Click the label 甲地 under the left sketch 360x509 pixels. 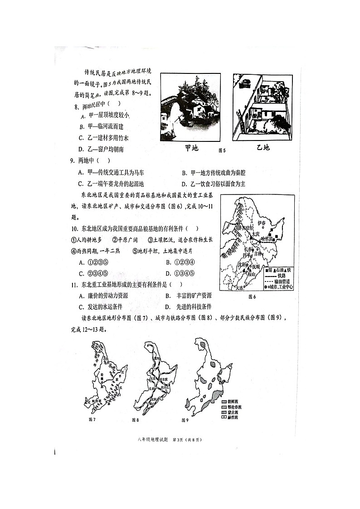click(x=192, y=148)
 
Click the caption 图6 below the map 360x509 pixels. click(x=252, y=297)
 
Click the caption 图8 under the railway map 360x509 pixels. click(x=136, y=420)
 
